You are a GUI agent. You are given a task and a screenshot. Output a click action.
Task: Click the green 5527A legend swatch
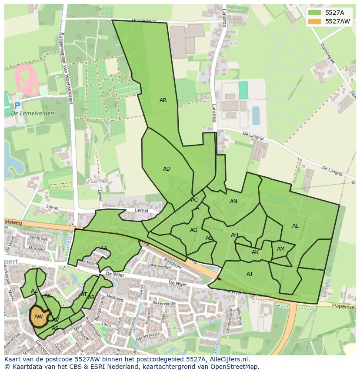click(x=316, y=13)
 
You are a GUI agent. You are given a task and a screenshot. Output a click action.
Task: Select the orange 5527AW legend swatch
click(x=316, y=21)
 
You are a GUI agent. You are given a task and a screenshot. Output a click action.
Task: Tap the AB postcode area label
click(x=163, y=100)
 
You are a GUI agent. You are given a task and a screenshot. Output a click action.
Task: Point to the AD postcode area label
click(x=167, y=169)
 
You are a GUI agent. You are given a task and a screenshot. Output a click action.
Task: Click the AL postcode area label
click(x=295, y=226)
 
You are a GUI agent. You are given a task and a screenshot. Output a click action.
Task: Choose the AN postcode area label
click(x=233, y=202)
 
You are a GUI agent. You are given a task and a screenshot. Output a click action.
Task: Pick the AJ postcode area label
click(x=249, y=274)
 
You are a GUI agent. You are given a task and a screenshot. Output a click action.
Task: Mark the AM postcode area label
click(x=281, y=249)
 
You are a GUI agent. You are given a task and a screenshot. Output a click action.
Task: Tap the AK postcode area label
click(x=255, y=252)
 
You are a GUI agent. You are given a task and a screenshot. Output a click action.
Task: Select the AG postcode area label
click(x=194, y=230)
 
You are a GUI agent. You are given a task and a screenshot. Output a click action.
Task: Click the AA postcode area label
click(x=104, y=248)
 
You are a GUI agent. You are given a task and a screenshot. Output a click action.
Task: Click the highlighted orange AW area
click(x=38, y=317)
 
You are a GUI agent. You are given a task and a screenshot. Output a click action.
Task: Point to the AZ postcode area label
click(x=34, y=291)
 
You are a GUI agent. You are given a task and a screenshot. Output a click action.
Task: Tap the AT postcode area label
click(x=84, y=294)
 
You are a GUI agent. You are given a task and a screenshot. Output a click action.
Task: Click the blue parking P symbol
click(x=17, y=106)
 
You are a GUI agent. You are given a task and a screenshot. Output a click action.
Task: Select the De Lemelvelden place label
click(x=33, y=113)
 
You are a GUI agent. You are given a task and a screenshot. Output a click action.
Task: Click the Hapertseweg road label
click(x=343, y=306)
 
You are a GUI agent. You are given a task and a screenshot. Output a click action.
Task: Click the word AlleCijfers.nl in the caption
click(x=227, y=359)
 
